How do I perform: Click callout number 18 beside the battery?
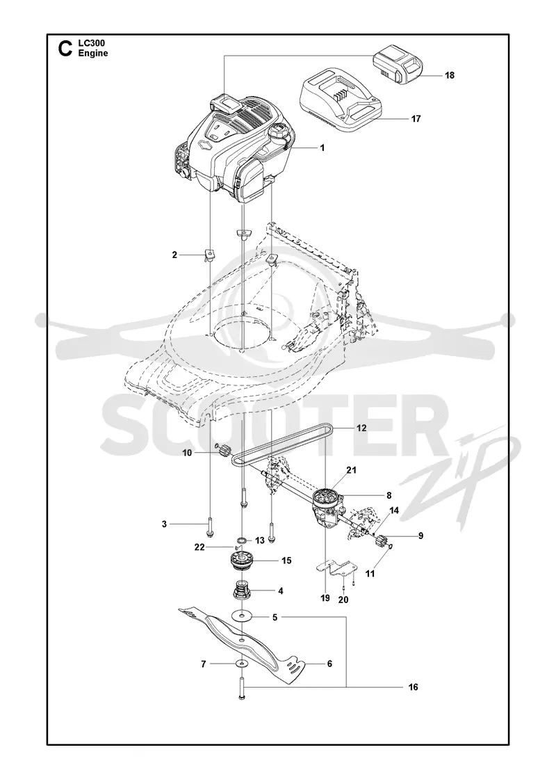(x=450, y=76)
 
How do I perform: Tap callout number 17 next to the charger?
(x=416, y=119)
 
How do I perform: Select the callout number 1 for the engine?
(x=322, y=147)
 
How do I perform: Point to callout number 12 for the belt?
(x=361, y=428)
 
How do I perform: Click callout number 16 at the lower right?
(x=414, y=687)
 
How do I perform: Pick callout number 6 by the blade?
(x=329, y=664)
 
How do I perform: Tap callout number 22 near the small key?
(x=199, y=547)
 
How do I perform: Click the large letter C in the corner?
(x=64, y=49)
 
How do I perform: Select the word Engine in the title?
(x=93, y=53)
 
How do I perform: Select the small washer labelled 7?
(x=240, y=664)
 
